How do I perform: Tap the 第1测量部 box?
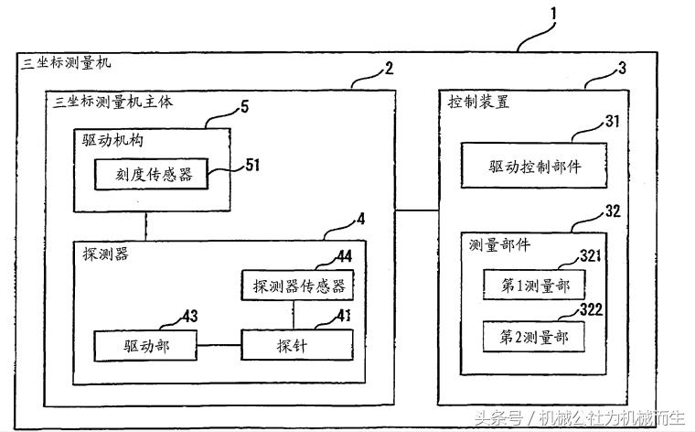point(535,286)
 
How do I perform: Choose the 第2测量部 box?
point(535,337)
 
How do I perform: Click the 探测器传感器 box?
point(299,286)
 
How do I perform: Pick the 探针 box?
point(296,345)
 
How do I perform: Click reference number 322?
point(591,310)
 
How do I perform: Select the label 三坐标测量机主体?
point(114,101)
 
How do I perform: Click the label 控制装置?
point(479,101)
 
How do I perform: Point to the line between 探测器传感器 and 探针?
point(296,314)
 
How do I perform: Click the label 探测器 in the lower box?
point(103,254)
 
